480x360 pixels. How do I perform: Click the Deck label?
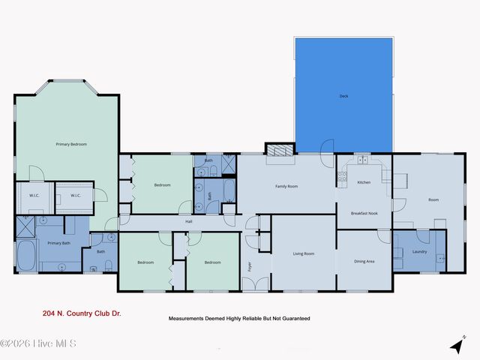(343, 96)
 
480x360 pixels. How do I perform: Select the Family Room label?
(286, 186)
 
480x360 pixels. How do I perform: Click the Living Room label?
(303, 253)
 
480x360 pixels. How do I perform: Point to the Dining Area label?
(364, 261)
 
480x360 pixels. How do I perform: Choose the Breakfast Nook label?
(364, 214)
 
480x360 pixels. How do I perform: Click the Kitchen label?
(364, 182)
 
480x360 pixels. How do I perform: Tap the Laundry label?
(419, 251)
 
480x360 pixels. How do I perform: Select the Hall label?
(190, 221)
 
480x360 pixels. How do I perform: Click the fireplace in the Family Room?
(281, 149)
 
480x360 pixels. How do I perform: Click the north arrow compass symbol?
(455, 346)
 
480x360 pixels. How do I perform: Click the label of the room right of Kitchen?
(433, 200)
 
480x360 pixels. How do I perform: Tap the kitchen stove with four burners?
(342, 178)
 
